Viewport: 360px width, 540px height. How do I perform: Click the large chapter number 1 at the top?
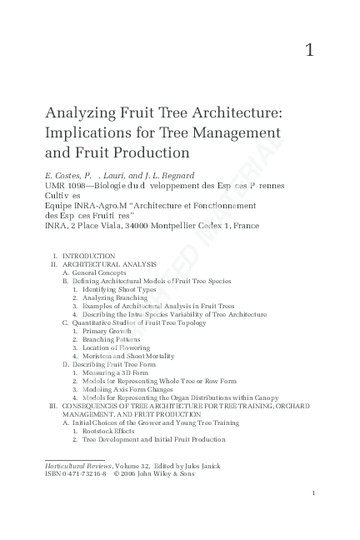309,50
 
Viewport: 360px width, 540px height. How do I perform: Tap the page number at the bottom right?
312,493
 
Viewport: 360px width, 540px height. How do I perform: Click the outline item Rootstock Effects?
109,431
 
